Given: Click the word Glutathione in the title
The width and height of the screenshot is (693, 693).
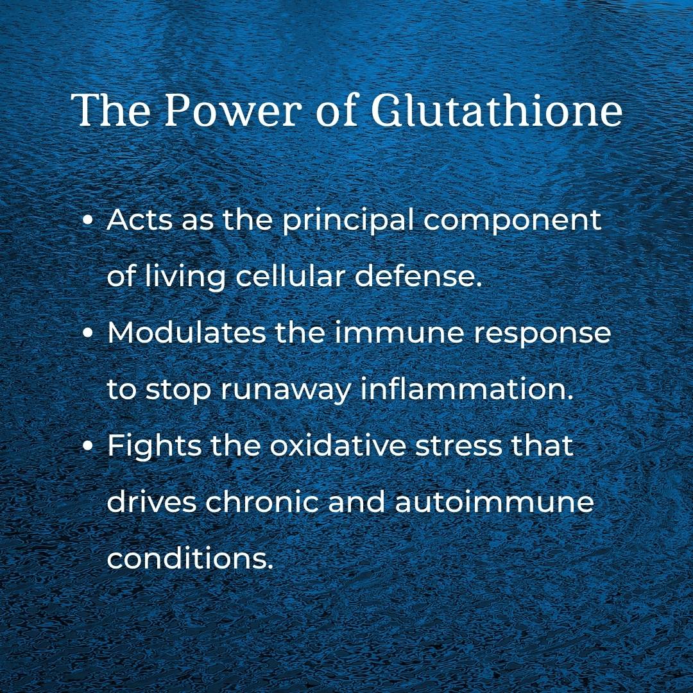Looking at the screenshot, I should click(496, 111).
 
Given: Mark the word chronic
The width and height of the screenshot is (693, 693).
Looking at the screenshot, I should click(262, 502).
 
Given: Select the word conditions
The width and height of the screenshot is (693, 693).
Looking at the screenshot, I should click(190, 559).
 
